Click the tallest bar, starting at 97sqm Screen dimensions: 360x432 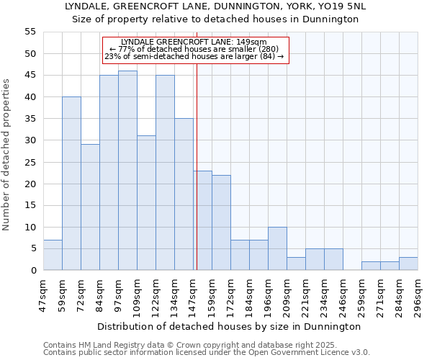(127, 171)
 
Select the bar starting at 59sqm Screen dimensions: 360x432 (71, 184)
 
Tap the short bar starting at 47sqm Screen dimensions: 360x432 (53, 256)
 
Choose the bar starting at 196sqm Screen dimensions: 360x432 (277, 249)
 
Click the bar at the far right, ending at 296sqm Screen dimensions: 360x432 (408, 264)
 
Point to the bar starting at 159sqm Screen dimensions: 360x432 (221, 222)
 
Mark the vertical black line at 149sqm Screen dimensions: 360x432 (197, 166)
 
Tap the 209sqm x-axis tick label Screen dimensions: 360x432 (287, 296)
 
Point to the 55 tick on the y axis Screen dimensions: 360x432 (30, 32)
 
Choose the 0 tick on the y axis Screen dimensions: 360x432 (33, 271)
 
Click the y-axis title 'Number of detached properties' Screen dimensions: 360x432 (6, 155)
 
